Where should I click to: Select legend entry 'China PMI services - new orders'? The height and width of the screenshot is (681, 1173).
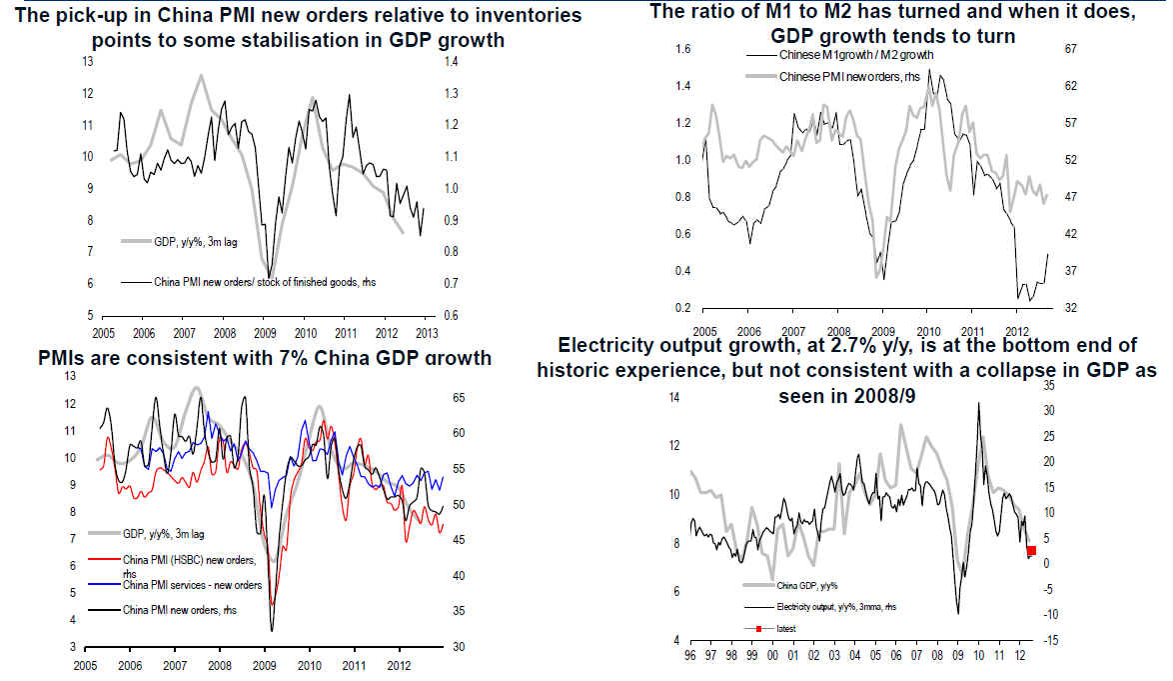click(x=192, y=585)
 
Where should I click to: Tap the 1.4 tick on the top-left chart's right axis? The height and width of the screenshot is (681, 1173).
click(x=452, y=62)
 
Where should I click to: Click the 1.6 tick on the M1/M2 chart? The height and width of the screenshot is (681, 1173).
click(x=683, y=49)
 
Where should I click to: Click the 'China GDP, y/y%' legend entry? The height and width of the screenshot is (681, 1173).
click(x=808, y=586)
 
